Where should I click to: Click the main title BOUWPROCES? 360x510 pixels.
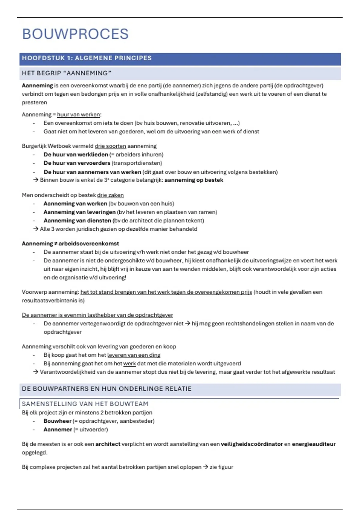(x=75, y=34)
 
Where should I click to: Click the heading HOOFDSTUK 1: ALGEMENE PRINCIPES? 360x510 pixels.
(x=87, y=58)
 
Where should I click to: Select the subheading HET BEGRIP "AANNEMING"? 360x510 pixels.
(x=67, y=73)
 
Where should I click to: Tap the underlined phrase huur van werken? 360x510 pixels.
(x=78, y=115)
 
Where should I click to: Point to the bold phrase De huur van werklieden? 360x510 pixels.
(x=76, y=154)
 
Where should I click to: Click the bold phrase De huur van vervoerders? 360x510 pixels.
(x=77, y=163)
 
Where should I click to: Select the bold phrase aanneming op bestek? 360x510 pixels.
(x=194, y=180)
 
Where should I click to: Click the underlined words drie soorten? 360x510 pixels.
(x=110, y=146)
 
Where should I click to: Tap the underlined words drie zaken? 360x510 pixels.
(x=110, y=195)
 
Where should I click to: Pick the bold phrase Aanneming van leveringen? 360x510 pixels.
(x=79, y=212)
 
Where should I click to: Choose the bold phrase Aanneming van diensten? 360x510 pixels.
(x=77, y=220)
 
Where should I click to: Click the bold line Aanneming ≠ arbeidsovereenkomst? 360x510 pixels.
(x=70, y=244)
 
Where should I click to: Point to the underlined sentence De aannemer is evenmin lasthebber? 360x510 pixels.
(x=97, y=315)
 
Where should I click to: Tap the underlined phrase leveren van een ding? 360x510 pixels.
(x=134, y=355)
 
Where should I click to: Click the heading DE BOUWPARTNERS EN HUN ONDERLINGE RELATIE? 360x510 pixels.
(x=106, y=389)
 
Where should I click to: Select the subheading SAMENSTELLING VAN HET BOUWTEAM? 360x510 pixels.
(x=85, y=404)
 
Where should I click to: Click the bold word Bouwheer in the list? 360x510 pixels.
(x=57, y=421)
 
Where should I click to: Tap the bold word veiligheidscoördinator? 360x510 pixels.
(x=252, y=444)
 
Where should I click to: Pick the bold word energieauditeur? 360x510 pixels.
(x=313, y=444)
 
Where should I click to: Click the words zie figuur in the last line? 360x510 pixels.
(x=221, y=467)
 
